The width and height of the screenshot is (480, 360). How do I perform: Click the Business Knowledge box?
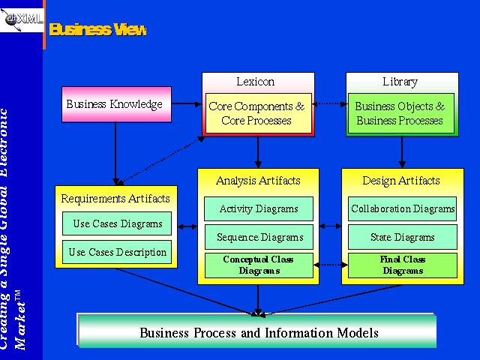pyautogui.click(x=115, y=104)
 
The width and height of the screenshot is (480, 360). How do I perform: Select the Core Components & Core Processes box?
pyautogui.click(x=258, y=113)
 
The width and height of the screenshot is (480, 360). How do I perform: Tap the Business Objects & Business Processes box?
pyautogui.click(x=400, y=113)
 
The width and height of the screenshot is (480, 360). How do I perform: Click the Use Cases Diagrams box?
pyautogui.click(x=118, y=223)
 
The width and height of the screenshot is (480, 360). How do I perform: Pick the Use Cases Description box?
pyautogui.click(x=118, y=252)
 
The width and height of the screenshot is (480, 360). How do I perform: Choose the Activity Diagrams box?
pyautogui.click(x=259, y=208)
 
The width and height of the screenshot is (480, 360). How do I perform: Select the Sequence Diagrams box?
pyautogui.click(x=259, y=237)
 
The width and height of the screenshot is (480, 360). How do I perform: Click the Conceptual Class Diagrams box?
pyautogui.click(x=259, y=265)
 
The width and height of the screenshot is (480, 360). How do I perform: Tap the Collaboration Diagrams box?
pyautogui.click(x=403, y=208)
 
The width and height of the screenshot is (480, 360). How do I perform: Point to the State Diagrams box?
pyautogui.click(x=403, y=237)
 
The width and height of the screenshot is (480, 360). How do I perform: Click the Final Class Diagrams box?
pyautogui.click(x=403, y=265)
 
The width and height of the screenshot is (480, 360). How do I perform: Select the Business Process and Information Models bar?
pyautogui.click(x=258, y=332)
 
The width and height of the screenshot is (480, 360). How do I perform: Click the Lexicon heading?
pyautogui.click(x=255, y=82)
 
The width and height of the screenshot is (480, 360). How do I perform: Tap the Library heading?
pyautogui.click(x=400, y=82)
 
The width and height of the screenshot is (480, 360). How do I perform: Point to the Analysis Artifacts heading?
pyautogui.click(x=258, y=180)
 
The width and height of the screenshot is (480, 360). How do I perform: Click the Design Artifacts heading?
pyautogui.click(x=401, y=180)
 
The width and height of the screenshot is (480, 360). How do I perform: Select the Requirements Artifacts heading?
pyautogui.click(x=115, y=198)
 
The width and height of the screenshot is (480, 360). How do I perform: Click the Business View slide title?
pyautogui.click(x=97, y=30)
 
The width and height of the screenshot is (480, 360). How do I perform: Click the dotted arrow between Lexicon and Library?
pyautogui.click(x=328, y=104)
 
